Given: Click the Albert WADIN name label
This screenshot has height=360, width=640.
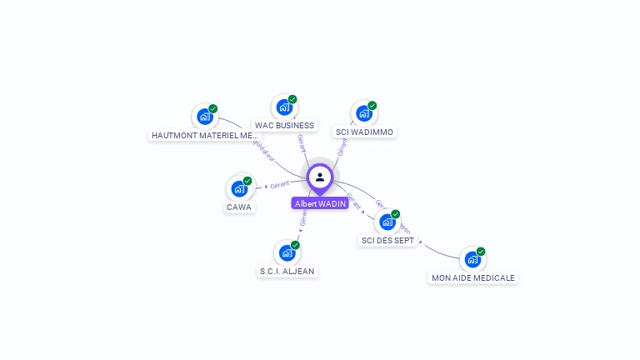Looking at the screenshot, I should tap(320, 203).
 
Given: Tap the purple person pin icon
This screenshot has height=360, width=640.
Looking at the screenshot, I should tap(320, 177).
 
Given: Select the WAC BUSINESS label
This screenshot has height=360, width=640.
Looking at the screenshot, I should tap(284, 126).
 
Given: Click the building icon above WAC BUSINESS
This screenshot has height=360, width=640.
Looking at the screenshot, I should tap(284, 107).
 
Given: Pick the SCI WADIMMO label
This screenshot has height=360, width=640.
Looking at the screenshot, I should tap(364, 132).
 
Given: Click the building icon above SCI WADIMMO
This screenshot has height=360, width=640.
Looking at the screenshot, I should tap(364, 113).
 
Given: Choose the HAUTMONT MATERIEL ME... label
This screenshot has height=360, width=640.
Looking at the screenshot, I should tap(205, 135).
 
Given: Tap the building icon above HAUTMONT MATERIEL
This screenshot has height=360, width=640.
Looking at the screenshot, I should tap(205, 116).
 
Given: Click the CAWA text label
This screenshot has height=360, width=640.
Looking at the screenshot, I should tap(239, 207).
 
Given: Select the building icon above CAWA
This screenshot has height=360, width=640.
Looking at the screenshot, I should tap(239, 187).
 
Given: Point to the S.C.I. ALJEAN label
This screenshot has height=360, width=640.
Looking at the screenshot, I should tap(287, 271).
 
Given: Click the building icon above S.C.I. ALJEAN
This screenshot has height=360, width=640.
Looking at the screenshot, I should tap(287, 252).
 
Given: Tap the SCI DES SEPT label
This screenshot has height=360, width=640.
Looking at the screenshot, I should tap(387, 240).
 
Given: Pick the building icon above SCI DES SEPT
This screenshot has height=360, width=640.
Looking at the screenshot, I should tap(387, 222).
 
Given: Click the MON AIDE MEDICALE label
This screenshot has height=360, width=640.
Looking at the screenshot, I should tap(473, 277).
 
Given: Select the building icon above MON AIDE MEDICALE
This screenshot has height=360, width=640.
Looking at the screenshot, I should tap(472, 259).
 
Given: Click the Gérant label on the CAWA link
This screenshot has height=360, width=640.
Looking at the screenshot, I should tap(279, 183).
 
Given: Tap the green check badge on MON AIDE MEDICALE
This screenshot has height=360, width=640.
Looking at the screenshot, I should tap(481, 252).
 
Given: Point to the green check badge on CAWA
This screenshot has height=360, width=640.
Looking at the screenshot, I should tap(247, 180).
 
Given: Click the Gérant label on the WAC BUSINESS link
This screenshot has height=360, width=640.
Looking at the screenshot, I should tap(301, 142).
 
